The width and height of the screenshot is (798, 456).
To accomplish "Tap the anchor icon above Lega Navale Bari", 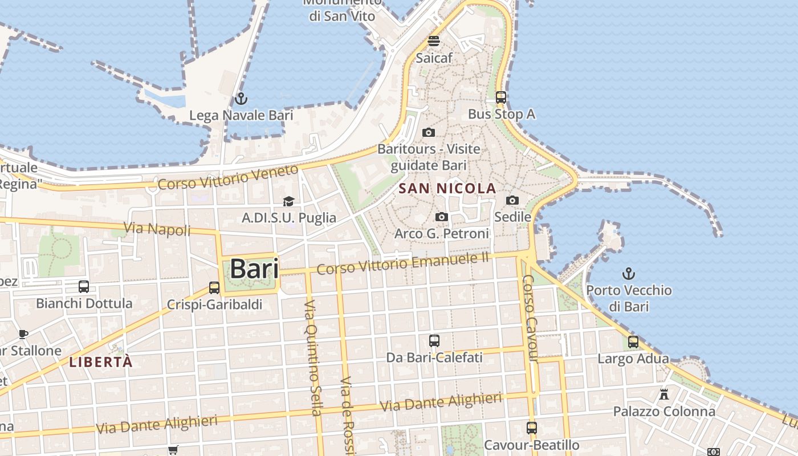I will [241, 99].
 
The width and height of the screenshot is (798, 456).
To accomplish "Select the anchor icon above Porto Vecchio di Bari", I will [629, 274].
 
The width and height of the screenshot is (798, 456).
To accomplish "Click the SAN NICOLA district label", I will [447, 188].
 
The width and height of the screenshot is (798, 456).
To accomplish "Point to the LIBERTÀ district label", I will [101, 362].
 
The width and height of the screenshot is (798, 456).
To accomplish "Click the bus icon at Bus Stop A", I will [501, 97].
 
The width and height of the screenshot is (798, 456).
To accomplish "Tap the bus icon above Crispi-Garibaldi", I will [214, 288].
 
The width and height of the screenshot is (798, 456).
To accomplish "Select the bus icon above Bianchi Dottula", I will [84, 287].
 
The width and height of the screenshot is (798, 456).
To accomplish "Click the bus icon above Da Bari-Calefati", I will [434, 341].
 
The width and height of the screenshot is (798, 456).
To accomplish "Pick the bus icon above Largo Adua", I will [633, 342].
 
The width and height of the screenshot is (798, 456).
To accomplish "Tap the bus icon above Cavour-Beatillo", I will [532, 427].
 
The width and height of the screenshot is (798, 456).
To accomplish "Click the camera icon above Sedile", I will [512, 200].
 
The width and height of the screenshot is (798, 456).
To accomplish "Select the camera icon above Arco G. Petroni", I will [441, 217].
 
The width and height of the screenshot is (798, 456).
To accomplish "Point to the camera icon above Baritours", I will [429, 132].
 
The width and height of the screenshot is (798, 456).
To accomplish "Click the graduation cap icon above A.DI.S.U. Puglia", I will [288, 201].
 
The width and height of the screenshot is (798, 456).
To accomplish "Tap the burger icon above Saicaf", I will [434, 41].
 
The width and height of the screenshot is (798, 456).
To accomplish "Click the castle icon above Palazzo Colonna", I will [664, 394].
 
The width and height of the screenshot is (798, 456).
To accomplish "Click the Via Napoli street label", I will [157, 229].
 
